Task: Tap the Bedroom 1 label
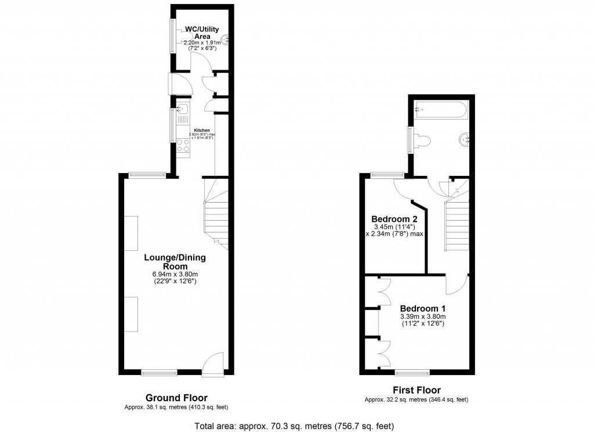tap(422, 308)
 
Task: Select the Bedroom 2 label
tap(394, 219)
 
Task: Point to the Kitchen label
tap(202, 130)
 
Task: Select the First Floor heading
tap(416, 390)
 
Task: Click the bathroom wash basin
tap(465, 139)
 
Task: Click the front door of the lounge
tap(213, 362)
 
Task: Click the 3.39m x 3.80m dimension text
tap(422, 316)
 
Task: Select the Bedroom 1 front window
tap(412, 371)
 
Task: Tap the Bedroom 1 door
tap(457, 284)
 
